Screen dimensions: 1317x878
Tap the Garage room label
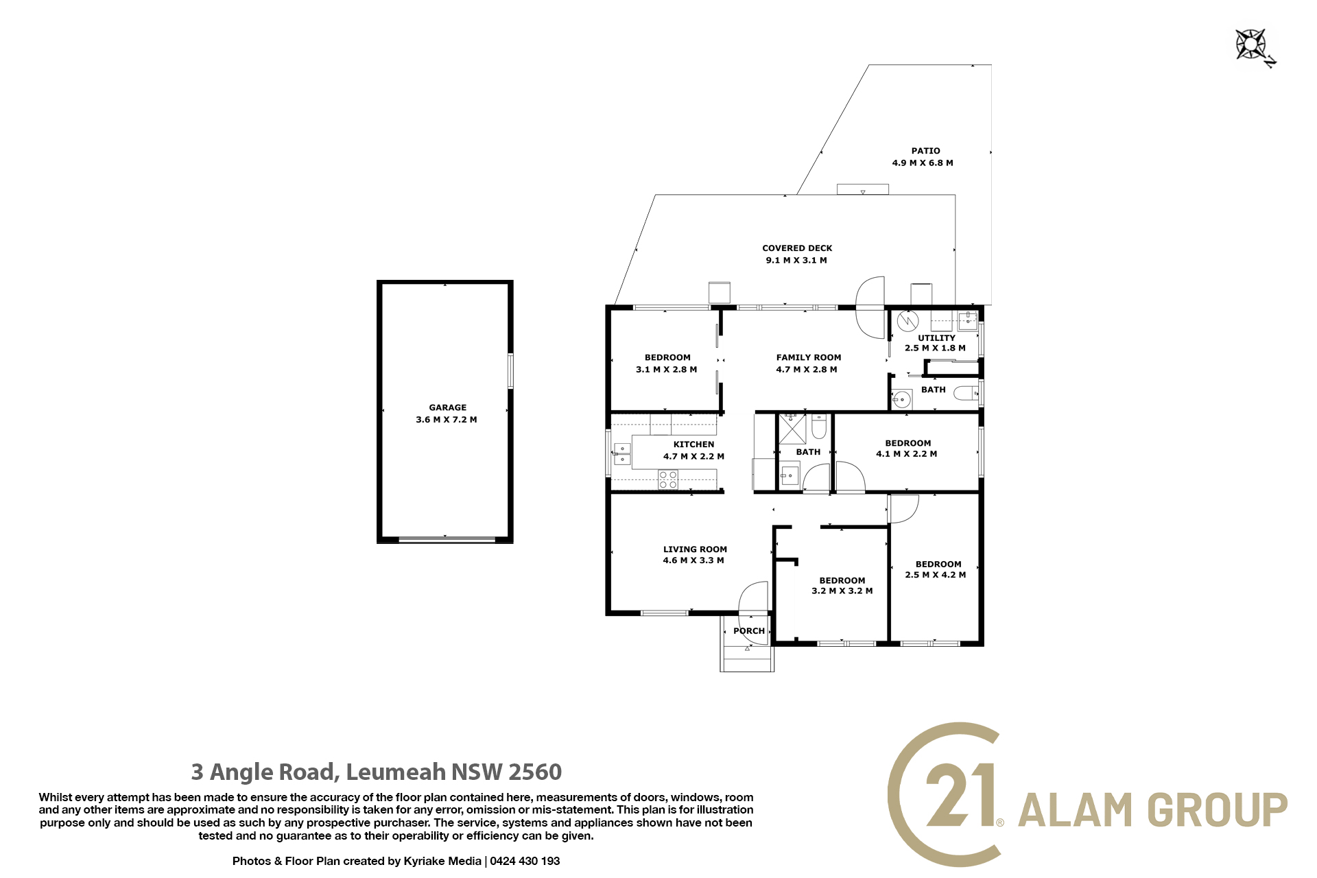pos(448,407)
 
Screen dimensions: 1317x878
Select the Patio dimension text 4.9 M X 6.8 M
pos(923,163)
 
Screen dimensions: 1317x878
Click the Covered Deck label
pos(797,248)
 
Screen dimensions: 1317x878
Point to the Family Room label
pos(809,357)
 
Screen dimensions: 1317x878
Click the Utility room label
pos(936,338)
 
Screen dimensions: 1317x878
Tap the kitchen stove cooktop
pos(668,479)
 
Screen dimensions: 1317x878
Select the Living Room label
pos(695,549)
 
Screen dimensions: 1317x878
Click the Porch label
pos(749,631)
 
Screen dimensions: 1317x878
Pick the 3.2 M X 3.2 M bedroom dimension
pos(842,591)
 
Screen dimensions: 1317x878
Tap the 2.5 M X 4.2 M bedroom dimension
pos(936,575)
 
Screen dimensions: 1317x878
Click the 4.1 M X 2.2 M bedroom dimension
pos(907,454)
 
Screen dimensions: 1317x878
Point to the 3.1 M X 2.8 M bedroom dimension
pos(667,370)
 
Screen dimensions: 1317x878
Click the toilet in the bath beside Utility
pos(966,394)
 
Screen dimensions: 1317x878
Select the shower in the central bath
pos(792,429)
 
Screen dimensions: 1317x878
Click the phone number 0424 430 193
pos(525,861)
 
